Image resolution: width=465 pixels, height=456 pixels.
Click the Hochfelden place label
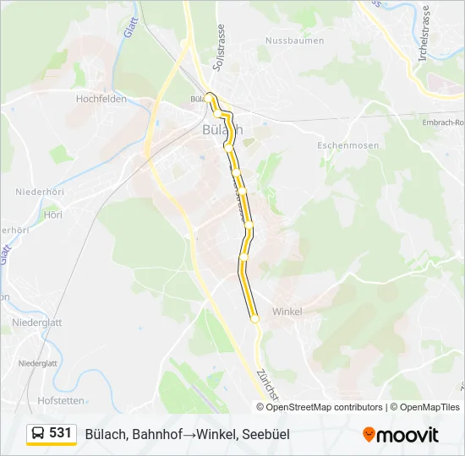(101, 99)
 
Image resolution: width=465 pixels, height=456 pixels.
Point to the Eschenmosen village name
(347, 145)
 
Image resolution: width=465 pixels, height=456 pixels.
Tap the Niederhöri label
(39, 193)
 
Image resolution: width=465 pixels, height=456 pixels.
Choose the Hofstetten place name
(62, 400)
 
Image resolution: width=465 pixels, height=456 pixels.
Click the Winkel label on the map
(287, 312)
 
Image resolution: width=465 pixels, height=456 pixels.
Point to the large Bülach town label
(223, 130)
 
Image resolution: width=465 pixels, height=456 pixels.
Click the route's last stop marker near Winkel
(254, 318)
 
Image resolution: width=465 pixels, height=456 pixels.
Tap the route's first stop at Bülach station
(208, 96)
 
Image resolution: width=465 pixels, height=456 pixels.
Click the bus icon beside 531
(38, 434)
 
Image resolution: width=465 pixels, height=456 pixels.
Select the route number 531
(60, 433)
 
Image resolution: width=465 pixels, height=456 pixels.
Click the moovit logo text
(408, 435)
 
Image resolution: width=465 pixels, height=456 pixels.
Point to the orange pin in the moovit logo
(369, 434)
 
